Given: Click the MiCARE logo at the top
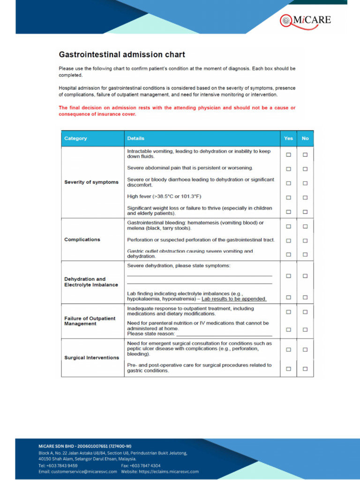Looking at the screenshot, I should pyautogui.click(x=305, y=20).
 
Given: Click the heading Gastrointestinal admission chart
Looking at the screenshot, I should pyautogui.click(x=121, y=55).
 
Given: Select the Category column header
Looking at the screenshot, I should pyautogui.click(x=75, y=138).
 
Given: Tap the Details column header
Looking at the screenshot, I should pyautogui.click(x=135, y=138).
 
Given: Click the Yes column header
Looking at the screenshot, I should pyautogui.click(x=288, y=138).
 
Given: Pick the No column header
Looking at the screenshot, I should pyautogui.click(x=305, y=138).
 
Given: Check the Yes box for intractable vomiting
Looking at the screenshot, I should pyautogui.click(x=288, y=155).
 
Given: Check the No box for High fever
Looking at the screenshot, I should pyautogui.click(x=305, y=198).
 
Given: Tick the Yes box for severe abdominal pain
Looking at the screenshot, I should pyautogui.click(x=288, y=169).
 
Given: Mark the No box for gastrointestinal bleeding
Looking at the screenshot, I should pyautogui.click(x=305, y=226).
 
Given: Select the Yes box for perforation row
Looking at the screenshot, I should pyautogui.click(x=288, y=240).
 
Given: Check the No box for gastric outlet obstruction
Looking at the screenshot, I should pyautogui.click(x=305, y=255).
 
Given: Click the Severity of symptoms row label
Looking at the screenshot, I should pyautogui.click(x=91, y=182).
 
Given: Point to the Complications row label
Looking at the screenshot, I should pyautogui.click(x=82, y=240).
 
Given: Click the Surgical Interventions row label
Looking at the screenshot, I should pyautogui.click(x=91, y=358).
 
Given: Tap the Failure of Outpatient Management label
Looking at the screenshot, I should pyautogui.click(x=90, y=321).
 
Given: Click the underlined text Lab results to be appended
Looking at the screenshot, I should pyautogui.click(x=234, y=299).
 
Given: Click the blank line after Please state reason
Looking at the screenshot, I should pyautogui.click(x=224, y=334).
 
